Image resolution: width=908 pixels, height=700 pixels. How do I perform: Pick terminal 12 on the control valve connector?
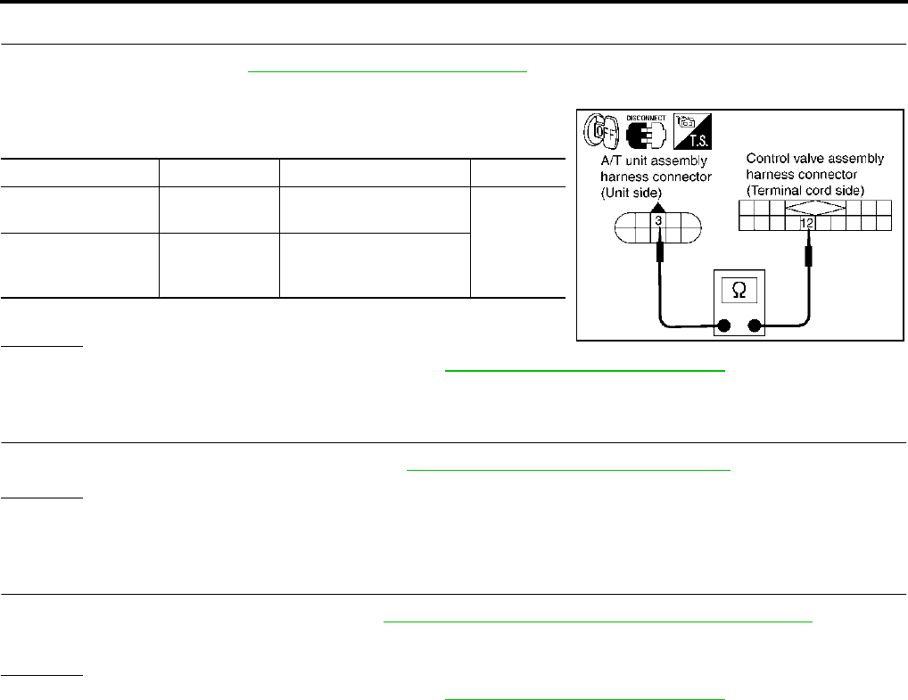[807, 222]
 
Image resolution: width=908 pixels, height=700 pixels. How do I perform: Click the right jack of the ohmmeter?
[755, 326]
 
